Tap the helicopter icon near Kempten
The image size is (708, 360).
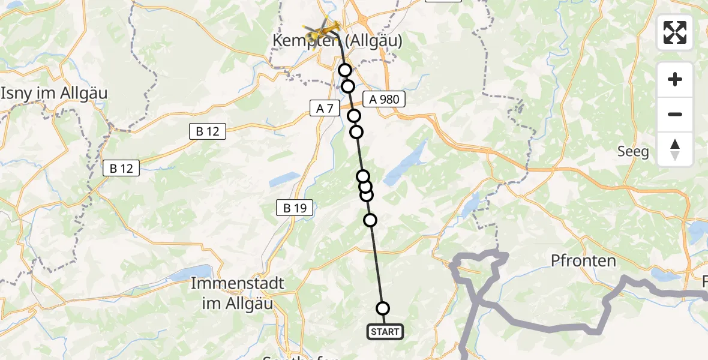click(x=321, y=31)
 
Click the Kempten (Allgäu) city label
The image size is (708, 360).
click(x=337, y=41)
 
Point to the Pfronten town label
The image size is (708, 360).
click(x=583, y=260)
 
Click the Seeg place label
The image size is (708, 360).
click(x=633, y=151)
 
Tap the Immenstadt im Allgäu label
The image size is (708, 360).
click(x=232, y=293)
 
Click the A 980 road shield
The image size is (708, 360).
click(x=384, y=100)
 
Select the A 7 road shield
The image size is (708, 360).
click(x=325, y=109)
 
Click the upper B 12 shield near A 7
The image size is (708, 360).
click(x=208, y=132)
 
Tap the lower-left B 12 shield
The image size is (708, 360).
click(x=121, y=169)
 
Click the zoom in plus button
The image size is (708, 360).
click(x=675, y=80)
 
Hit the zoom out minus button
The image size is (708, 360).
click(x=675, y=114)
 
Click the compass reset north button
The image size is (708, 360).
click(x=675, y=149)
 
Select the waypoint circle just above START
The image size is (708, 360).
click(x=382, y=308)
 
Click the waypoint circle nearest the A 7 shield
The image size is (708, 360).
click(x=354, y=116)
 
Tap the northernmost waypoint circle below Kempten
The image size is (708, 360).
click(x=345, y=71)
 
